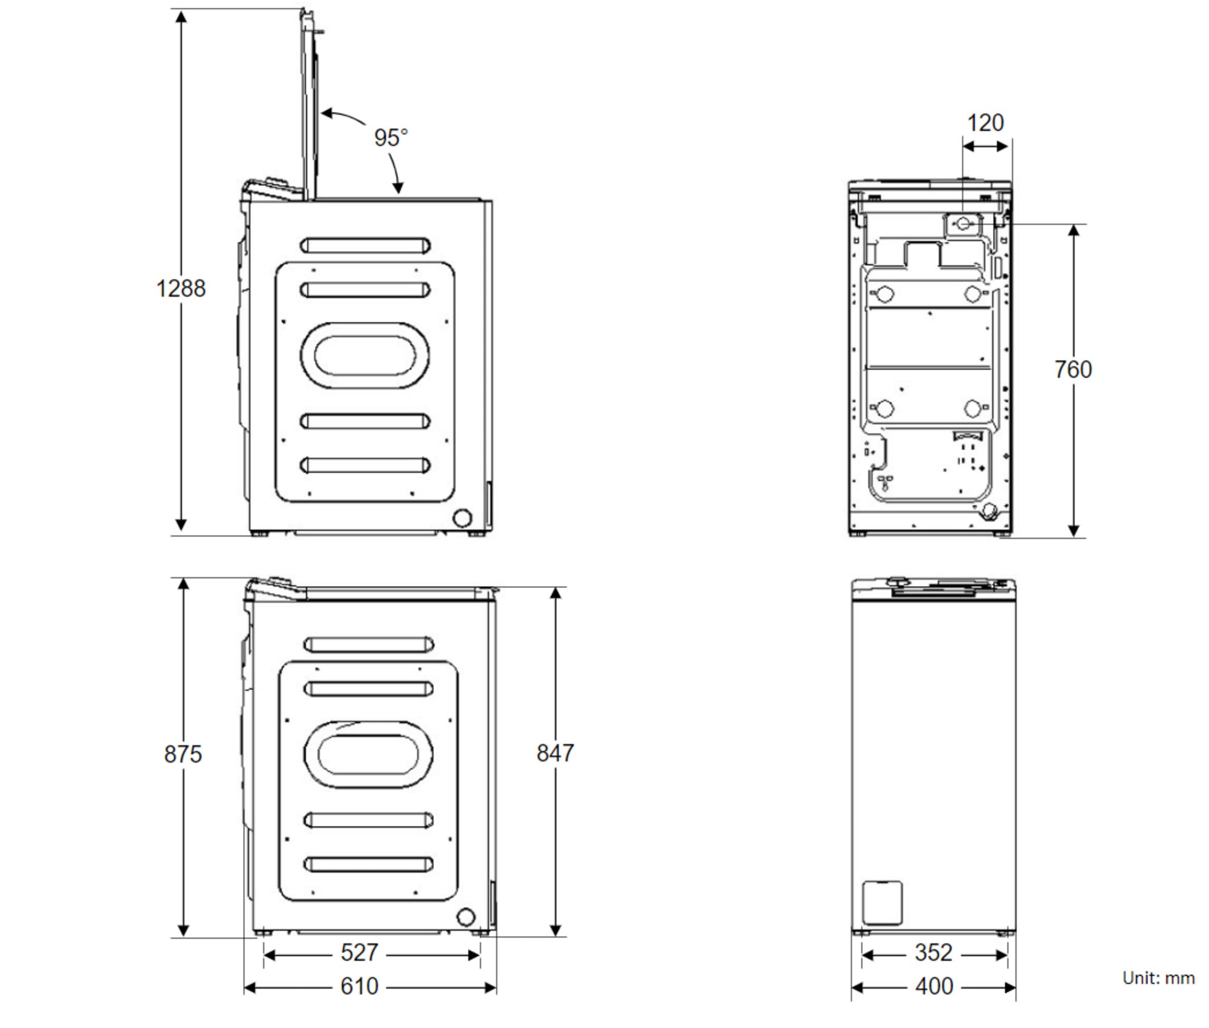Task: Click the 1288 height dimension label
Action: click(181, 288)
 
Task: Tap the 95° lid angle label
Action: click(391, 138)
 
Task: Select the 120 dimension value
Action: click(985, 123)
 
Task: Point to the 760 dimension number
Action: click(1073, 369)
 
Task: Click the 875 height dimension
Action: click(183, 754)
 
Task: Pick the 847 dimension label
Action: click(555, 752)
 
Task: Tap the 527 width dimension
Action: click(359, 952)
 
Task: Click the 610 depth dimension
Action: click(359, 986)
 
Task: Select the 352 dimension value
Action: click(933, 952)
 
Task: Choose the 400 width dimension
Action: click(933, 986)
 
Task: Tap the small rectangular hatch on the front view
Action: click(882, 903)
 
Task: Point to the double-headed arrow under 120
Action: click(985, 146)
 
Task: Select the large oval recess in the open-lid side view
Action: click(365, 355)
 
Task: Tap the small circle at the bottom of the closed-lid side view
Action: click(465, 917)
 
